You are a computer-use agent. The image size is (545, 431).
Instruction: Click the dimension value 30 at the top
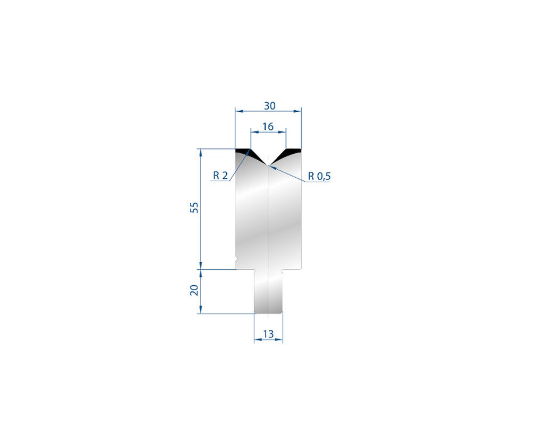tap(269, 105)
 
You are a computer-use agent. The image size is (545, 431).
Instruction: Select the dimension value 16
tap(268, 127)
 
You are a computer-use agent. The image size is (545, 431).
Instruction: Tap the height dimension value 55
tap(195, 208)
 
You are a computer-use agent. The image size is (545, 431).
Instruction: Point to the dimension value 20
tap(195, 290)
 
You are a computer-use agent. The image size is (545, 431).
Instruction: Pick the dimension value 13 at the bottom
tap(268, 334)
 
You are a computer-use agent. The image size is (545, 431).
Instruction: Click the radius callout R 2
tap(220, 175)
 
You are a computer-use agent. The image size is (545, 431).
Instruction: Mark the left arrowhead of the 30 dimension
tap(237, 111)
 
